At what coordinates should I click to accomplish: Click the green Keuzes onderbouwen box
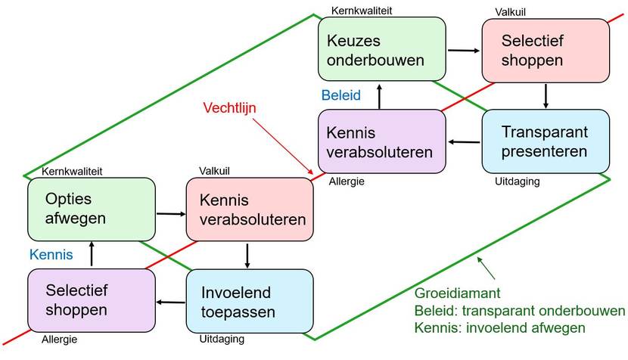tap(381, 49)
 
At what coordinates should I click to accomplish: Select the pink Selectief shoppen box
tap(546, 51)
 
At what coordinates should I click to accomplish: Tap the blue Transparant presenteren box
tap(546, 141)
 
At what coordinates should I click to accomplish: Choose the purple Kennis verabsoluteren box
tap(381, 141)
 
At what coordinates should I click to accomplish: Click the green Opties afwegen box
tap(92, 209)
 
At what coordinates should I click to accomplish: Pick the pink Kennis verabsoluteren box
tap(250, 209)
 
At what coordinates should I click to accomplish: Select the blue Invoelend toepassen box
tap(250, 301)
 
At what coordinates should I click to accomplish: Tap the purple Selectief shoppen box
tap(92, 300)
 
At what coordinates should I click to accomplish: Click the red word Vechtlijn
tap(229, 107)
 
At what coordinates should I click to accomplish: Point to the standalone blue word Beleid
tap(340, 95)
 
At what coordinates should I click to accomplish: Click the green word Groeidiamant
tap(458, 293)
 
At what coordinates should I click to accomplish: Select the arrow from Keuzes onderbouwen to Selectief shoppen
tap(463, 51)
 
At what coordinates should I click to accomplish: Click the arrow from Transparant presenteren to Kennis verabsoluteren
tap(464, 141)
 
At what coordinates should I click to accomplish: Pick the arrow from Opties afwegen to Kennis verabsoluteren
tap(171, 214)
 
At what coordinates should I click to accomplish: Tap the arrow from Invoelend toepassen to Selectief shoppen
tap(170, 302)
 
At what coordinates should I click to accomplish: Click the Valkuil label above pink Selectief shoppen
tap(510, 12)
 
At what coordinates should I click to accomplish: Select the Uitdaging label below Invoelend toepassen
tap(222, 339)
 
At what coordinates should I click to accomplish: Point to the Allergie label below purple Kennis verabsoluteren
tap(347, 182)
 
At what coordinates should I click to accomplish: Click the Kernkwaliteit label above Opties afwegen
tap(72, 172)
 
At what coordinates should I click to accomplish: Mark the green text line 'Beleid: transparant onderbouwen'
tap(520, 311)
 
